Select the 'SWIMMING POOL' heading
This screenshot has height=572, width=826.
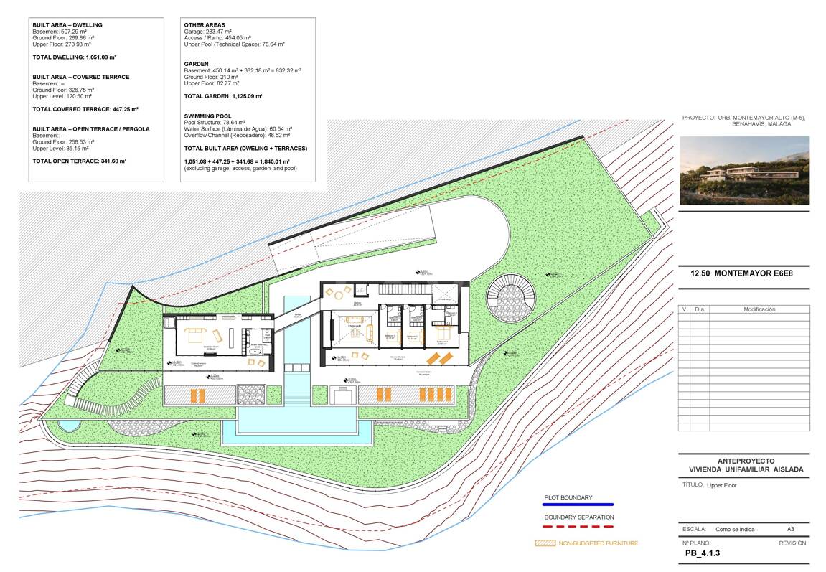click(207, 116)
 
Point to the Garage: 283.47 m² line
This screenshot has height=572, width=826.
click(208, 32)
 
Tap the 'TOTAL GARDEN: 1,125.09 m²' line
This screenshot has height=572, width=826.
click(223, 96)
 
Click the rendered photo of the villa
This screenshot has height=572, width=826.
click(744, 170)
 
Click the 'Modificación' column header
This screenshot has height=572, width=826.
click(759, 309)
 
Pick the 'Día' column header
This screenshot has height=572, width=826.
click(700, 309)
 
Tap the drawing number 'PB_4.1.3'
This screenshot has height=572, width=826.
click(702, 553)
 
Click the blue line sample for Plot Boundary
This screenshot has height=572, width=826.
click(578, 505)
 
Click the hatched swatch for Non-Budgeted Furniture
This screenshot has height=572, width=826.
click(545, 543)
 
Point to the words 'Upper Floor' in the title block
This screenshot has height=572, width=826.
click(722, 485)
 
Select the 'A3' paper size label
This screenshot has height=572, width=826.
click(791, 529)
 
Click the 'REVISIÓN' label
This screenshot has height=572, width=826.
click(792, 543)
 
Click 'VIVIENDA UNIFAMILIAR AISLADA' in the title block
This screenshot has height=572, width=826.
click(745, 469)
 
